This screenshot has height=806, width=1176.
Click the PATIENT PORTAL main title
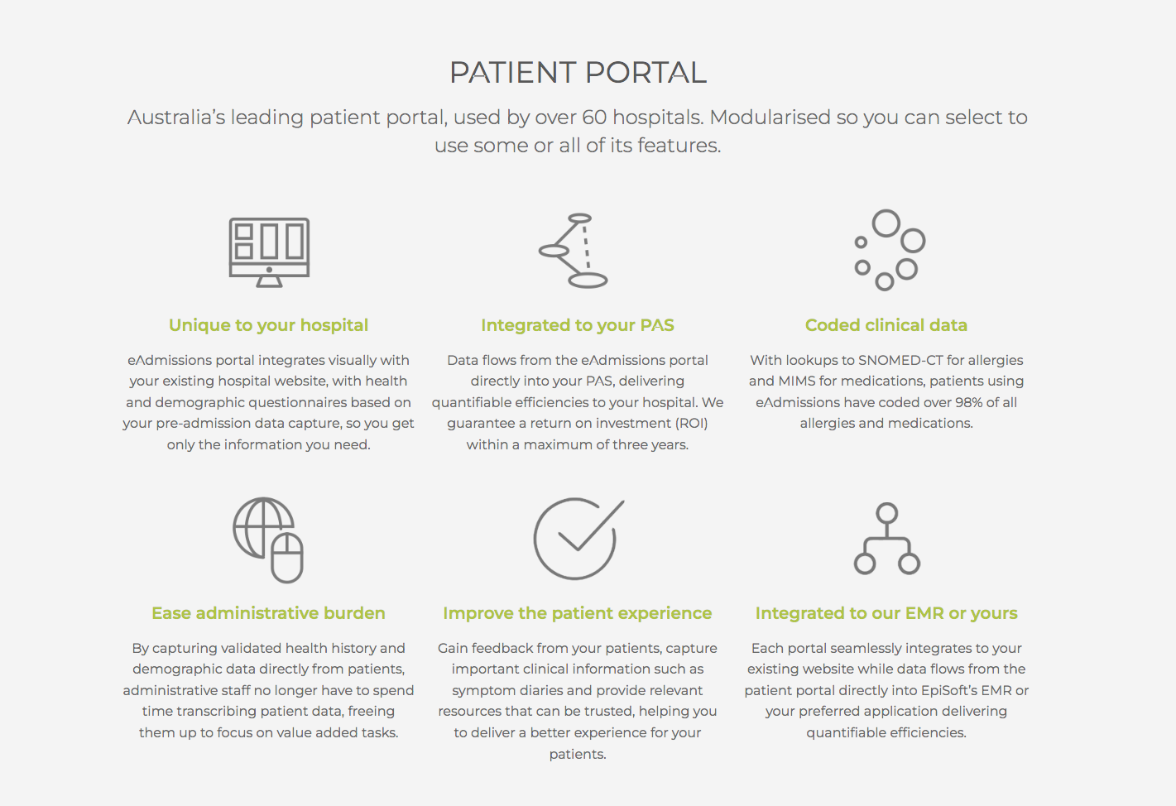click(578, 73)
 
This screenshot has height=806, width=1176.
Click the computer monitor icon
click(269, 252)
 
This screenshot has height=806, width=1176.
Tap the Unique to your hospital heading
click(268, 325)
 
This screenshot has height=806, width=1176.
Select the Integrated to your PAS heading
click(578, 325)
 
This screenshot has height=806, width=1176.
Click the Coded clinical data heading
click(886, 325)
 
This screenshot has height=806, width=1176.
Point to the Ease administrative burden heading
click(268, 613)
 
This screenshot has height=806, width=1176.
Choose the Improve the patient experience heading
click(578, 613)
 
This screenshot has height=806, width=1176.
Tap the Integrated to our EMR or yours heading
click(886, 613)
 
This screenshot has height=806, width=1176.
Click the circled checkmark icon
click(577, 538)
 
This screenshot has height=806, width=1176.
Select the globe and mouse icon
click(268, 540)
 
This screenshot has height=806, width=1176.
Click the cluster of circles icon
click(889, 249)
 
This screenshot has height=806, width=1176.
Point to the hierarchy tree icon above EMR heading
click(887, 538)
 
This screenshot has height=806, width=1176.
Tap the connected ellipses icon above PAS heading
click(574, 251)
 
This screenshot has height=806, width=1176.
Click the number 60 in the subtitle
click(594, 118)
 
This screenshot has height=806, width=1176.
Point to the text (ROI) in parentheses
click(691, 423)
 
